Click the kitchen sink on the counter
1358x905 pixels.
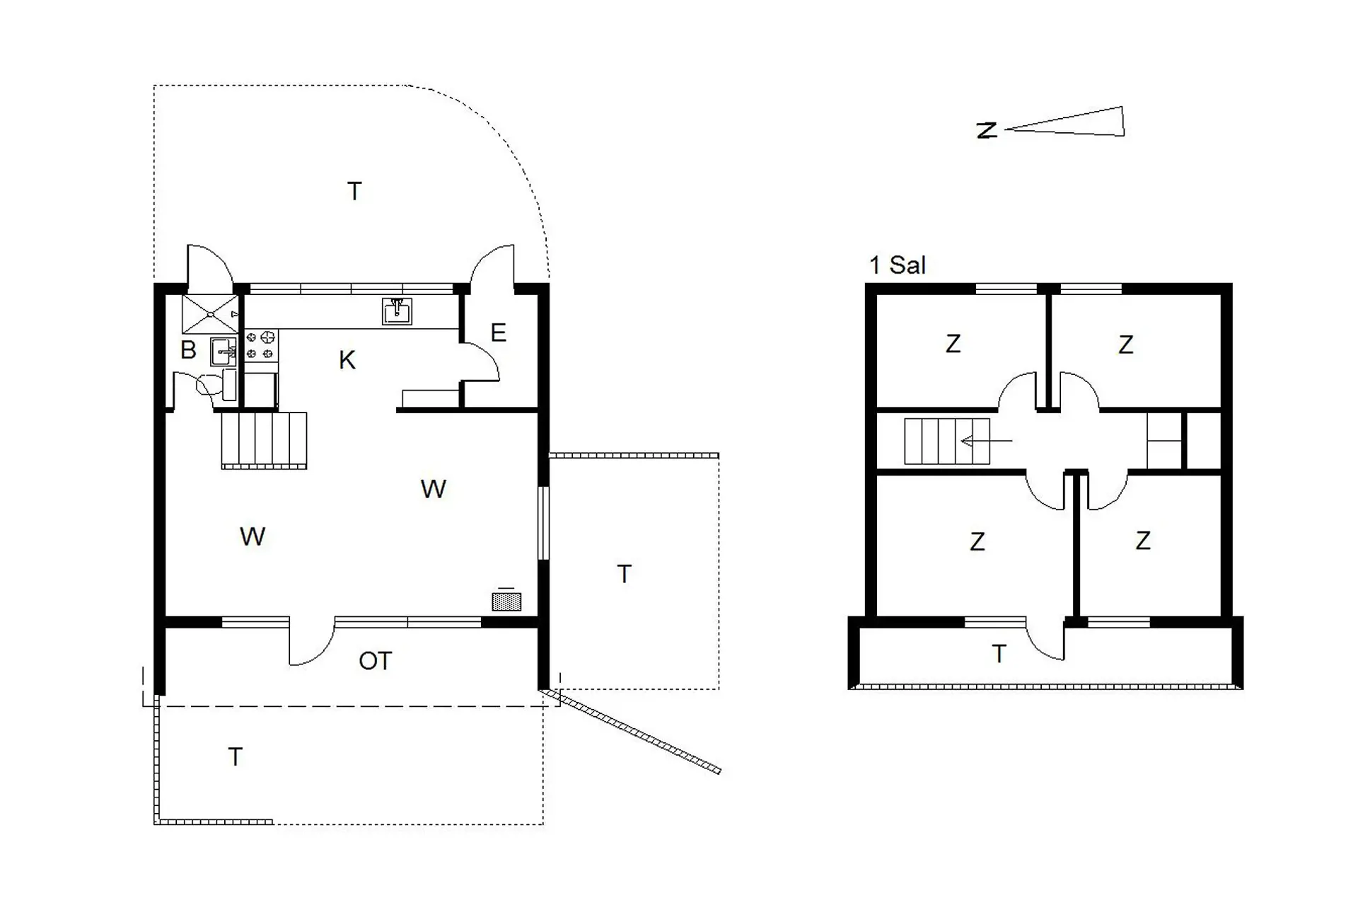tap(397, 311)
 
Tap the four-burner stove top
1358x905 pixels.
tap(260, 345)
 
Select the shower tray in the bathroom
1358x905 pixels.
tap(210, 313)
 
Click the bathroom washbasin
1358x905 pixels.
tap(224, 351)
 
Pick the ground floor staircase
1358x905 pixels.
tap(264, 440)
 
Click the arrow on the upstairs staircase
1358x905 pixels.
tap(986, 441)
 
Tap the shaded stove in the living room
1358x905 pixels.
tap(506, 601)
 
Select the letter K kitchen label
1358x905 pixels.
tap(347, 360)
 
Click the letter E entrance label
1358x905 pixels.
tap(498, 333)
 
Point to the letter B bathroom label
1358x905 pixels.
tap(188, 350)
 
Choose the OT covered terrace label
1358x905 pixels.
tap(375, 661)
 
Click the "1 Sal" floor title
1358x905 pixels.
tap(898, 265)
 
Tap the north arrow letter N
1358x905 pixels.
tap(987, 130)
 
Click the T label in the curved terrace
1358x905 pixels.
tap(354, 191)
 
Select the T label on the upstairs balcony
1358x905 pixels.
tap(999, 654)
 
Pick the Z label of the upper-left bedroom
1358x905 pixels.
tap(953, 344)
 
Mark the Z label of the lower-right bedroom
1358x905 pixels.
tap(1143, 541)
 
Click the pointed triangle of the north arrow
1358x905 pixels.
tap(1064, 122)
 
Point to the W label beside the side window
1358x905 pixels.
tap(433, 489)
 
